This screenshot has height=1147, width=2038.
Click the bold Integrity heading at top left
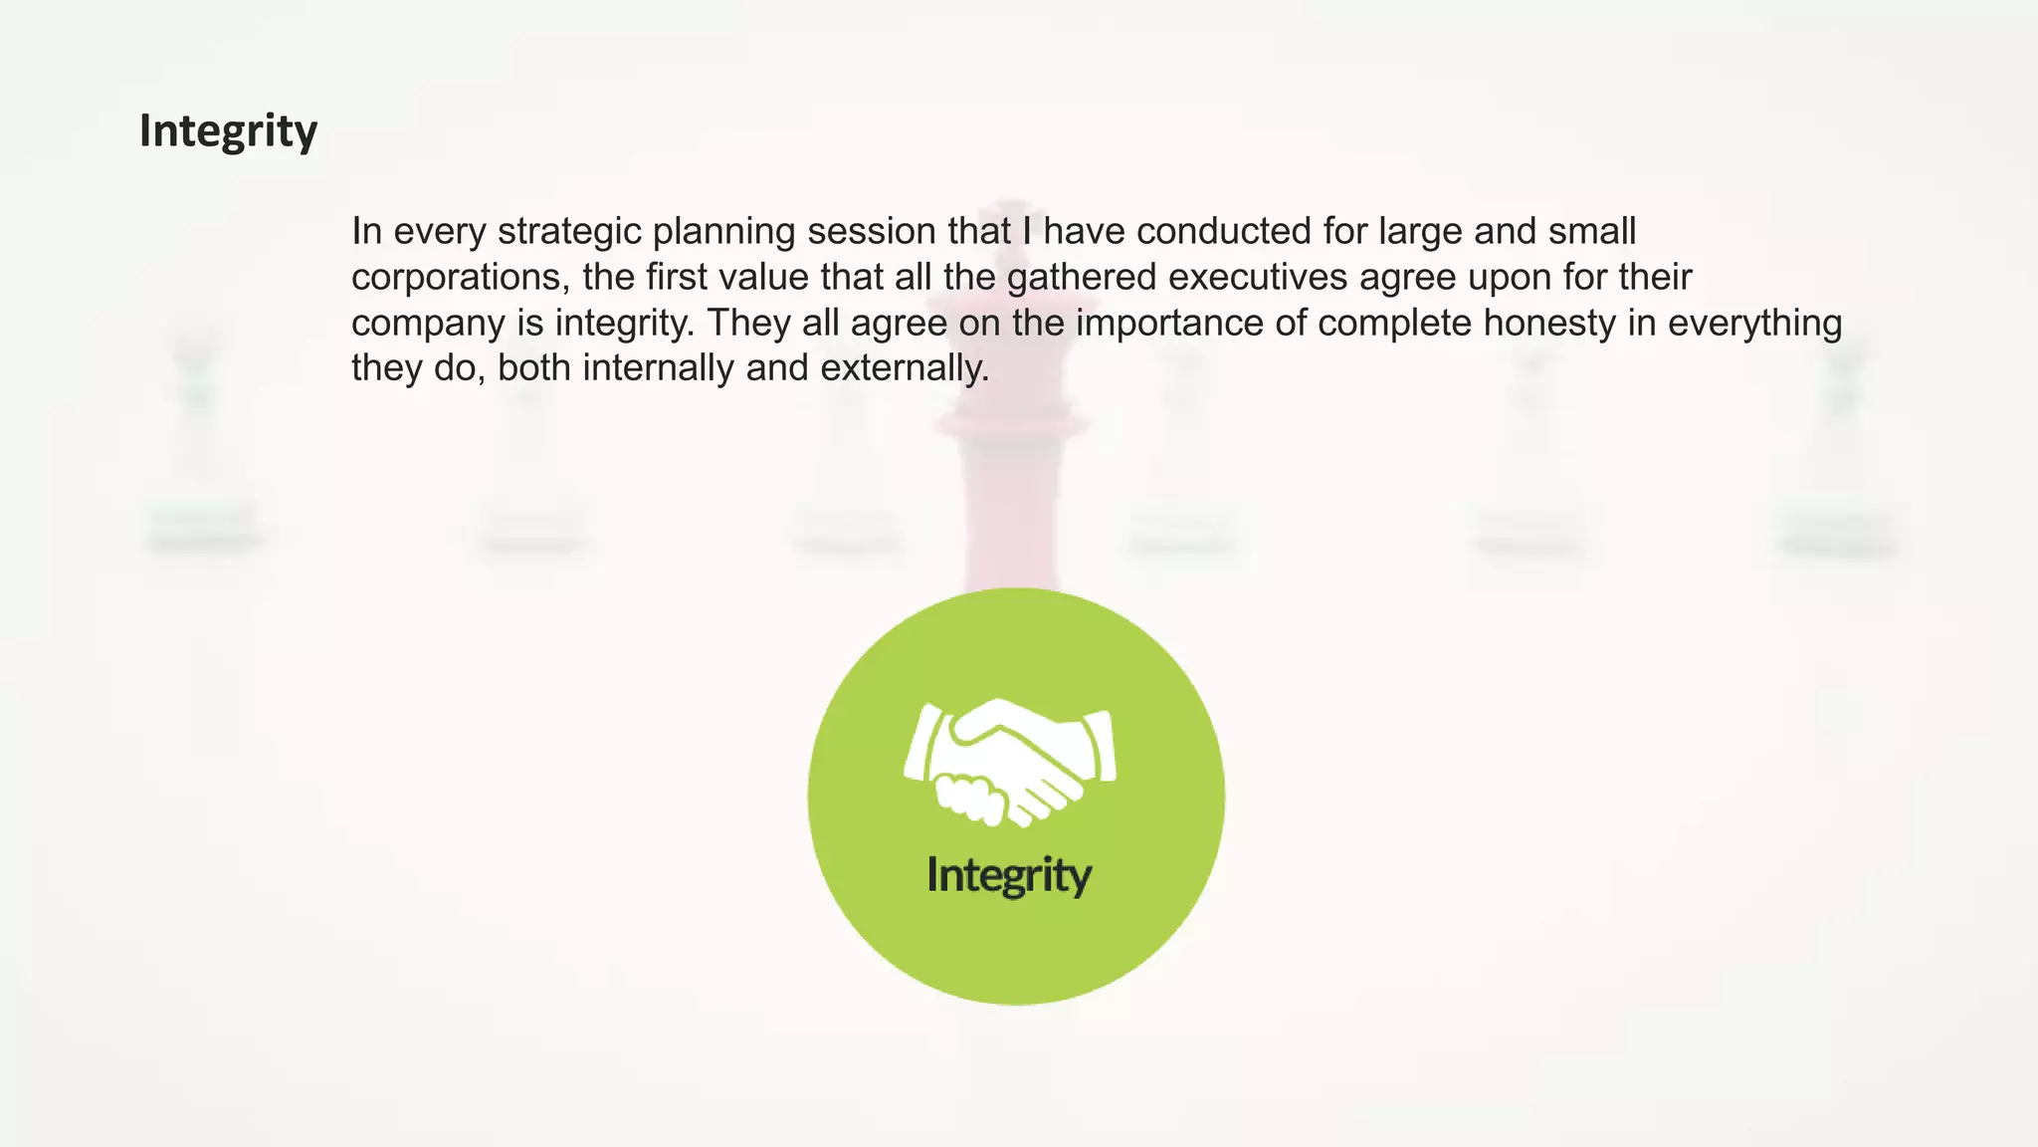(x=228, y=131)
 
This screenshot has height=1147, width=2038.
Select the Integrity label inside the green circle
(x=1009, y=876)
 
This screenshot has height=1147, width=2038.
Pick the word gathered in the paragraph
(x=1081, y=278)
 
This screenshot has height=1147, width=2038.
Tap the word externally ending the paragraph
(x=905, y=368)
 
